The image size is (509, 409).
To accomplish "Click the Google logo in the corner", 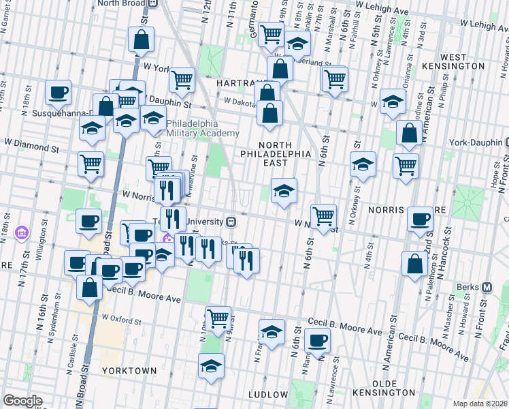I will pos(22,401).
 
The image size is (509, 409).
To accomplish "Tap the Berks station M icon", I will pos(487,287).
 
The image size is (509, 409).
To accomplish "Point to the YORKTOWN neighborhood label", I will pos(129,370).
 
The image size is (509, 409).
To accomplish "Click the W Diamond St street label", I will pos(31,145).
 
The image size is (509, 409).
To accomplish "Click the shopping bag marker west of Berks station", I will pos(414,263).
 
